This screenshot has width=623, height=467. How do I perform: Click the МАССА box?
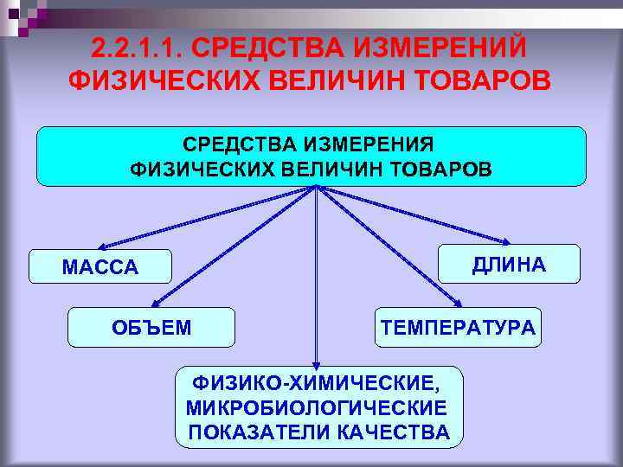[x=100, y=267]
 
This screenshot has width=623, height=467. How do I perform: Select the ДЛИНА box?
[x=509, y=265]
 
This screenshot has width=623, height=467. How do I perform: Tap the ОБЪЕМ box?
[x=151, y=327]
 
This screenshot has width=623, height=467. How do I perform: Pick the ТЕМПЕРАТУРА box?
[x=458, y=327]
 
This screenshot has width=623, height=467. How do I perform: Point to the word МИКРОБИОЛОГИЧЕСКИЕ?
[x=317, y=406]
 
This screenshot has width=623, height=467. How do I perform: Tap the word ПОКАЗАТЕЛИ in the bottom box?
[x=257, y=432]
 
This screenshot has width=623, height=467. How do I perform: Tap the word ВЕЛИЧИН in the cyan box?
[x=334, y=169]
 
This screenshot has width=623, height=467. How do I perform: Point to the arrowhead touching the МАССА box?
[x=100, y=247]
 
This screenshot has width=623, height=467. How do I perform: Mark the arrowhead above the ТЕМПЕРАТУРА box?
[x=459, y=304]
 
